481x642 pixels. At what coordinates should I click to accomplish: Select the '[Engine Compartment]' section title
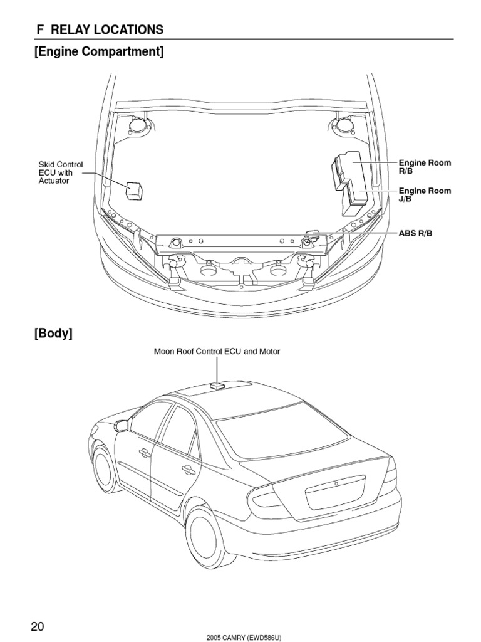[99, 51]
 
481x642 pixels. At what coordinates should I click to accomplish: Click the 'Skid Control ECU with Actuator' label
[61, 172]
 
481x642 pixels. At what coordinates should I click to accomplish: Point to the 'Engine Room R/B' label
[425, 166]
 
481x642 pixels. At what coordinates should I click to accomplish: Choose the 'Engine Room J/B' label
[425, 194]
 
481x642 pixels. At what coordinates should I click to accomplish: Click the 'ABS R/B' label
[415, 233]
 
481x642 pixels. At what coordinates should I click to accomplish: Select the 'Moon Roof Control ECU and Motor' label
[217, 352]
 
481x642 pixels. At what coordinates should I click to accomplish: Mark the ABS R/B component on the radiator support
[311, 235]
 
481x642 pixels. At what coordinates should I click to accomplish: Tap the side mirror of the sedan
[120, 426]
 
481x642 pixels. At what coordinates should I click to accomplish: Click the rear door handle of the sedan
[187, 468]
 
